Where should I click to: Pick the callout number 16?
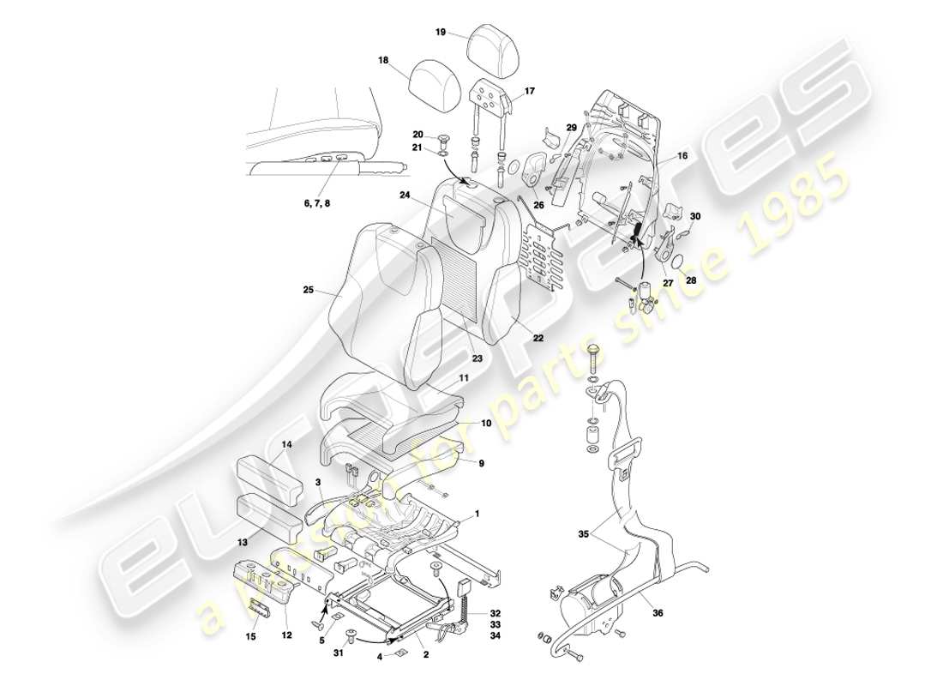[683, 158]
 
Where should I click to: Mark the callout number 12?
[286, 635]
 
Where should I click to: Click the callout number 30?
[694, 217]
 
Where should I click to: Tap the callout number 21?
[417, 148]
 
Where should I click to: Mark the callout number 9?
[482, 463]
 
